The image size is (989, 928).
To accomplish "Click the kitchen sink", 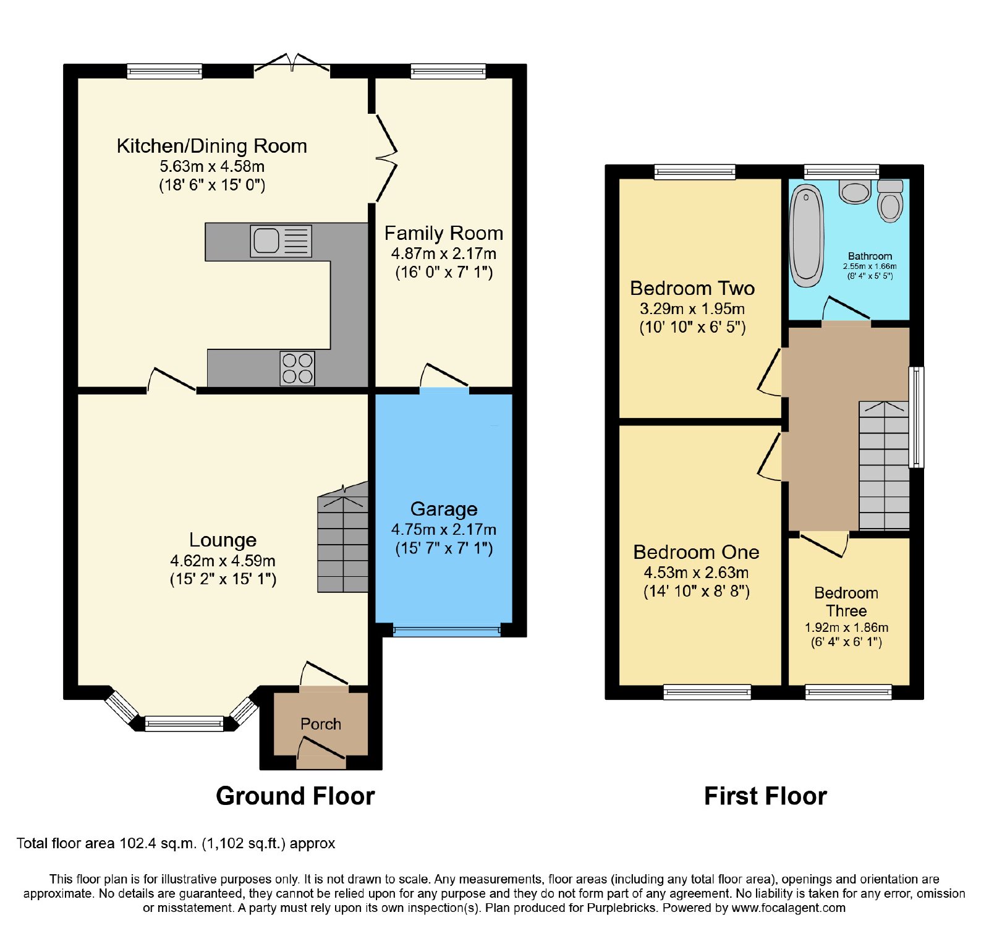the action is pyautogui.click(x=281, y=241).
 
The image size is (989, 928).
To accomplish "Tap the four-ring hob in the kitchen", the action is pyautogui.click(x=297, y=368).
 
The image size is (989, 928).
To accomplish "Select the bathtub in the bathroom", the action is pyautogui.click(x=807, y=236).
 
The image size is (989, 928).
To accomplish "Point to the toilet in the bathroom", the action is pyautogui.click(x=890, y=201).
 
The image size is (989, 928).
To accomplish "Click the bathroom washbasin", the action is pyautogui.click(x=855, y=192).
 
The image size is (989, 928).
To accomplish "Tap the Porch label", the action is pyautogui.click(x=321, y=724).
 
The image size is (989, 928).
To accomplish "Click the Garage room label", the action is pyautogui.click(x=444, y=509).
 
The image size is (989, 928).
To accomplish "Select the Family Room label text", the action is pyautogui.click(x=444, y=233).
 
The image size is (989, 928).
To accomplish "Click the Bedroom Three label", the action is pyautogui.click(x=846, y=602).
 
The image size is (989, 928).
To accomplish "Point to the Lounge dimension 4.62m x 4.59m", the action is pyautogui.click(x=223, y=561).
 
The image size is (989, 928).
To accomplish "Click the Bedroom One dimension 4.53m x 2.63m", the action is pyautogui.click(x=696, y=573).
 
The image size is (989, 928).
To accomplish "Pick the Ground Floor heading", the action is pyautogui.click(x=295, y=796).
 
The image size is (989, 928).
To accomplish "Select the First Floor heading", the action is pyautogui.click(x=765, y=796).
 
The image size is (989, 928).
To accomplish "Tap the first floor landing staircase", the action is pyautogui.click(x=884, y=465).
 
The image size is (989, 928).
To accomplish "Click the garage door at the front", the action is pyautogui.click(x=446, y=631).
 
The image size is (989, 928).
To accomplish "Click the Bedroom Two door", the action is pyautogui.click(x=770, y=372).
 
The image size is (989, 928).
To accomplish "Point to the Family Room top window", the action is pyautogui.click(x=448, y=71).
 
